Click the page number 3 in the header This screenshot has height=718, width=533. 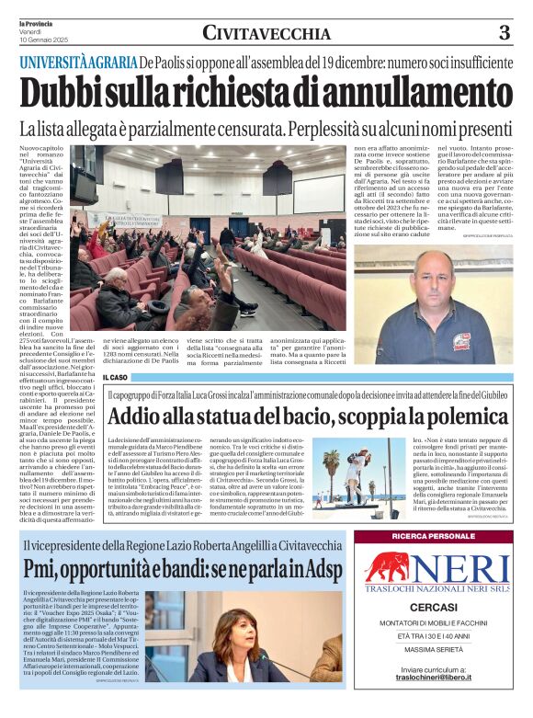pos(505,33)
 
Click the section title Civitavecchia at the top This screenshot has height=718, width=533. pos(266,33)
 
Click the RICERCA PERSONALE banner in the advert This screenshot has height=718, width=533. pos(433,537)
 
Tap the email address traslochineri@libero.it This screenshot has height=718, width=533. pos(433,701)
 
